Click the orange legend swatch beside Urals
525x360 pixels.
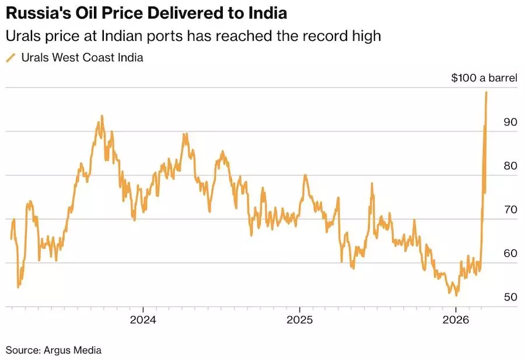point(10,58)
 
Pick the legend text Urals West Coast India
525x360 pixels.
point(82,58)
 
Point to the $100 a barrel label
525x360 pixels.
point(484,78)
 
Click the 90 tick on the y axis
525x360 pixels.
point(510,122)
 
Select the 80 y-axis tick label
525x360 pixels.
point(510,166)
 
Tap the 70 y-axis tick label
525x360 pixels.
point(510,209)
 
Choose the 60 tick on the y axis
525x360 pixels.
point(510,253)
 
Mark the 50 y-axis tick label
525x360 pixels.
point(510,297)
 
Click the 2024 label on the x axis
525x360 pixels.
point(143,320)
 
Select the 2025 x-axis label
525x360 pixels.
point(299,320)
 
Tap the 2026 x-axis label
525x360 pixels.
point(456,320)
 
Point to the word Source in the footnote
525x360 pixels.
point(22,350)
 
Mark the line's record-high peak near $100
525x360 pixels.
point(487,92)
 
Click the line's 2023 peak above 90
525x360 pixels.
point(102,116)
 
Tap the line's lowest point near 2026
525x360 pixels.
point(456,295)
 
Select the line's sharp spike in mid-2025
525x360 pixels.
point(372,184)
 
